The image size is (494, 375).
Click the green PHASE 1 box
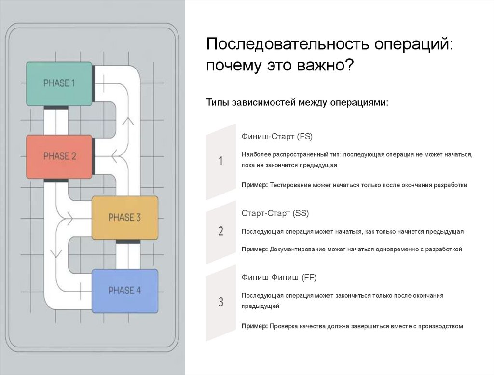pos(59,83)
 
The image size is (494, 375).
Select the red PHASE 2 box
pos(59,156)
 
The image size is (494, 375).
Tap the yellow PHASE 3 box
pos(124,217)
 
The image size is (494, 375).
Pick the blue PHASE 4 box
pos(124,291)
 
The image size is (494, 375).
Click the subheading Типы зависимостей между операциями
pos(297,102)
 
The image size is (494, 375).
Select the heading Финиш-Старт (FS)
pos(277,137)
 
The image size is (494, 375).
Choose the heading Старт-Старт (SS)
pos(275,213)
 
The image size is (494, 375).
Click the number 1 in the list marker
pos(220,161)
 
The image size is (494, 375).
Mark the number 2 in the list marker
pos(220,231)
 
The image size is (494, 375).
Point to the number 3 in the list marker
pos(220,303)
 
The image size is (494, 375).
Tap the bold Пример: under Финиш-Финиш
pos(255,326)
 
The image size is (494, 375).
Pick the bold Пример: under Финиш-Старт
pos(255,185)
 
